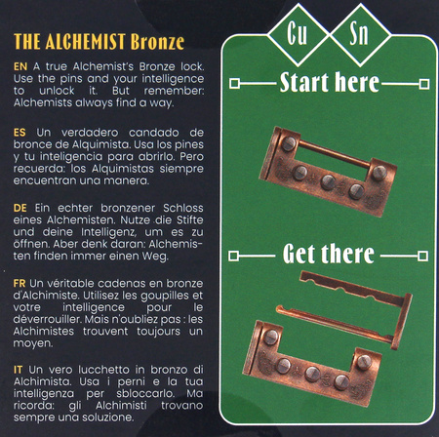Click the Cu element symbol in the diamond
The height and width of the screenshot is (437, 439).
point(297,33)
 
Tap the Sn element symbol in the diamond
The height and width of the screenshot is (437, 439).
point(359,33)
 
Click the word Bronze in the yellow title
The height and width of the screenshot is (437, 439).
point(157,42)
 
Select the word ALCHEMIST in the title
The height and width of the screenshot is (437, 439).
point(86,42)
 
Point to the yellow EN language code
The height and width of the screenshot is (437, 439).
point(20,66)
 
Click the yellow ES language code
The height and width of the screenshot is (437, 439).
point(20,133)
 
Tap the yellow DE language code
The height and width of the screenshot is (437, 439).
point(20,208)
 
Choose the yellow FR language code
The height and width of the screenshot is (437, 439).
point(20,283)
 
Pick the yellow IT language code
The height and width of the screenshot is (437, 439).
point(18,370)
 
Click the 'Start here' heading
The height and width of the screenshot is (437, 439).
point(330,83)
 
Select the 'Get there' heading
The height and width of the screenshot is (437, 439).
point(329,254)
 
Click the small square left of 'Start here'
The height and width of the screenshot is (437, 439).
point(234,84)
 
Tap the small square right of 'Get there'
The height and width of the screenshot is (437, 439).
point(422,256)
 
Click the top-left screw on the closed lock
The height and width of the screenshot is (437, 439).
point(289,143)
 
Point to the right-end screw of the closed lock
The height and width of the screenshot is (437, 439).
point(379,173)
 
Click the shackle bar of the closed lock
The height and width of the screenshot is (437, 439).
point(334,153)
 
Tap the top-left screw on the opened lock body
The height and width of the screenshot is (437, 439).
point(271,337)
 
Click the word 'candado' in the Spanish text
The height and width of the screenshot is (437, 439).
point(154,133)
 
